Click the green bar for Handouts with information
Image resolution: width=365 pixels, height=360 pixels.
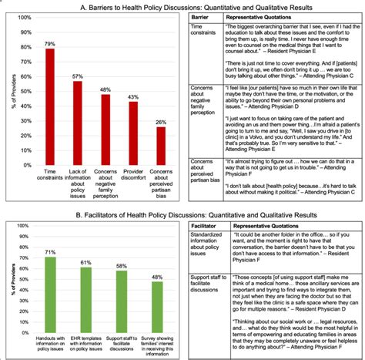point(50,286)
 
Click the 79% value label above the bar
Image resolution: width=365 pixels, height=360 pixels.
point(50,43)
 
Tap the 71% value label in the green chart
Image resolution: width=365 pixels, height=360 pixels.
point(50,251)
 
